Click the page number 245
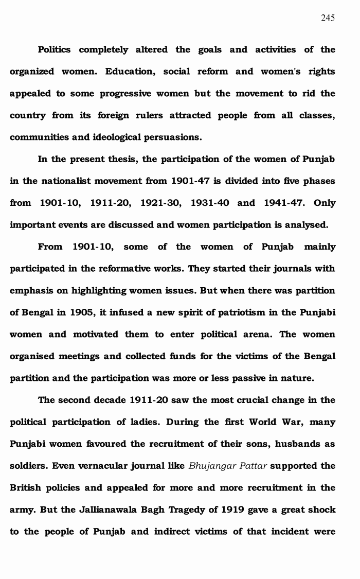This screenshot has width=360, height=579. (x=328, y=18)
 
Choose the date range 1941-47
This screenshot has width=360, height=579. (x=285, y=203)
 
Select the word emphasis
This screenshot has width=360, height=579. (x=32, y=291)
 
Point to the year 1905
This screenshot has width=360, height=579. (x=80, y=312)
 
